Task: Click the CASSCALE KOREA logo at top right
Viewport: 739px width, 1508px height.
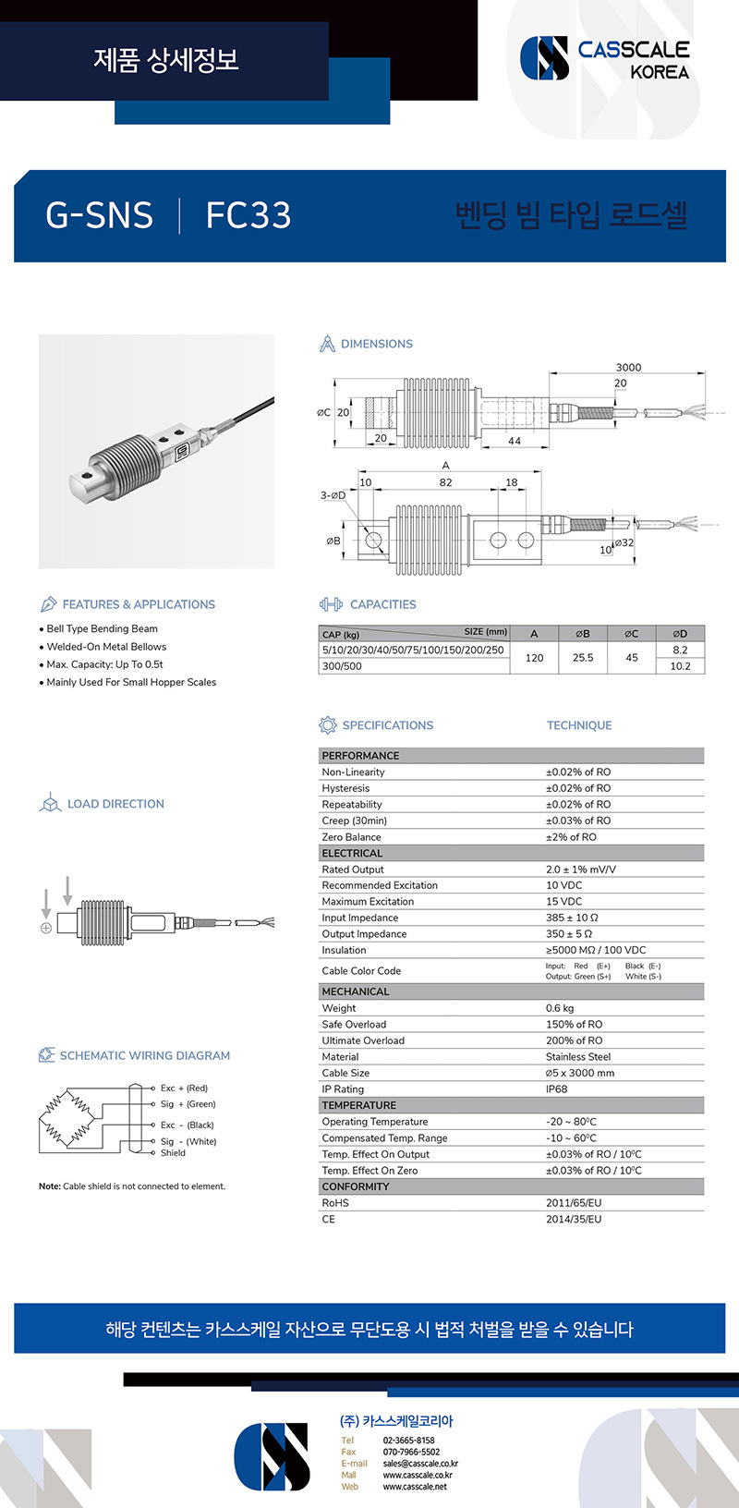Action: (606, 58)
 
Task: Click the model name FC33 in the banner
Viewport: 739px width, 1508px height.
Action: (248, 215)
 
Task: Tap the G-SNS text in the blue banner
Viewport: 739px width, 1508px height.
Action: (99, 215)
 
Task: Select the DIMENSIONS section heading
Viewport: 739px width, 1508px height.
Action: (376, 344)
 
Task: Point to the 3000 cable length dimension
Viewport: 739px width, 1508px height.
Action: (628, 367)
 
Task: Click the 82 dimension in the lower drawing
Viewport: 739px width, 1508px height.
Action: (446, 482)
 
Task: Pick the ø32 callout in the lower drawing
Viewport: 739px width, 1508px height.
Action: (625, 542)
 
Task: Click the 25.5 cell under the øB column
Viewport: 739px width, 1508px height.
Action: (583, 658)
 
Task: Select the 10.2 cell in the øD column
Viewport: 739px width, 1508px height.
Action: (680, 666)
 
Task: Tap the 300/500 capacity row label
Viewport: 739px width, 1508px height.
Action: (342, 666)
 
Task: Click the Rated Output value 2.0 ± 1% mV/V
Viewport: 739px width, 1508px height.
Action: (580, 870)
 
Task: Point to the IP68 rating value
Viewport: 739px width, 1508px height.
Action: (557, 1089)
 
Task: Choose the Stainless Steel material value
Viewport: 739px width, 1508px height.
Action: (578, 1057)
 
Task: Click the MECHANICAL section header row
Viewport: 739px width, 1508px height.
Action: (356, 991)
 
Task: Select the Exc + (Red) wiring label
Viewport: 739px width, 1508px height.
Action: (184, 1088)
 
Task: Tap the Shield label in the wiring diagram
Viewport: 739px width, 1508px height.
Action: (173, 1153)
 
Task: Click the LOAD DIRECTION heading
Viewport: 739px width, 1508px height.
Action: (115, 804)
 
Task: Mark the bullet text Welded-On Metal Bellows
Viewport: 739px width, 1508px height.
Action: (106, 647)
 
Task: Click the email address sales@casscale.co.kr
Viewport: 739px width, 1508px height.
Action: (420, 1464)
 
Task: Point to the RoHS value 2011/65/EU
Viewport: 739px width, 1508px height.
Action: (573, 1203)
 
